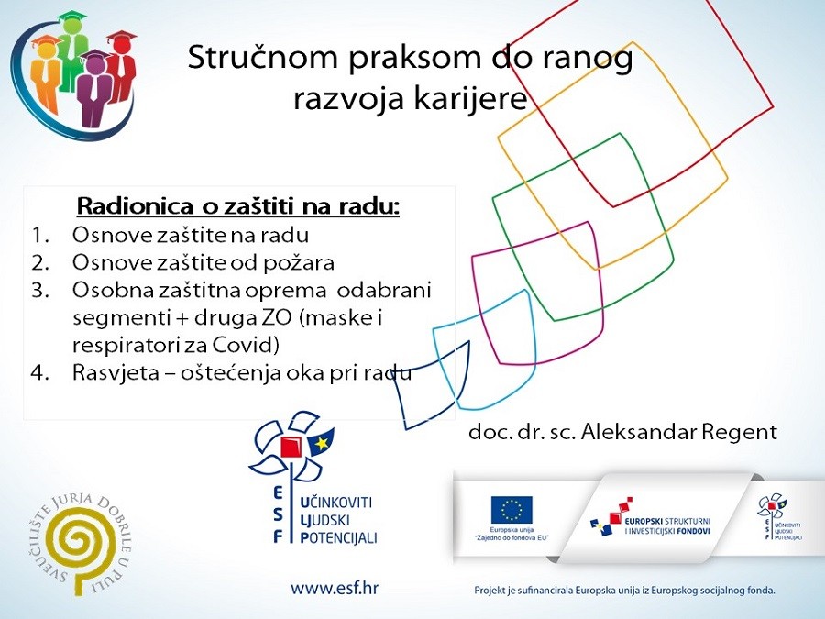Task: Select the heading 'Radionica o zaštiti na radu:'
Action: click(238, 206)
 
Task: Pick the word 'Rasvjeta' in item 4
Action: click(110, 374)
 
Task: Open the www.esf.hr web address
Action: click(335, 588)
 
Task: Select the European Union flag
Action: click(511, 510)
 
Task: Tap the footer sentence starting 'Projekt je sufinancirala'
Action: click(624, 591)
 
